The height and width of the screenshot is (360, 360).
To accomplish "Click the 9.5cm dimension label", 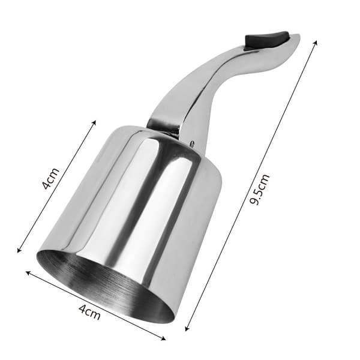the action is (259, 190).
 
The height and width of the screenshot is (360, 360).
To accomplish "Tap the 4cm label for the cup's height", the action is (51, 179).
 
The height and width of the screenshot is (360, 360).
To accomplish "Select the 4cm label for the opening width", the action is (89, 313).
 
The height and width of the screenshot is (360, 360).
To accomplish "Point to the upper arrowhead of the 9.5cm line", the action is (316, 43).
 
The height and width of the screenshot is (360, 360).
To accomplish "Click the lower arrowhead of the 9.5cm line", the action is (187, 329).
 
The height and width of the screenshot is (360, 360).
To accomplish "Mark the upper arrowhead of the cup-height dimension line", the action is (94, 122).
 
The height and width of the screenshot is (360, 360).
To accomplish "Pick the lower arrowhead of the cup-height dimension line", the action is (19, 250).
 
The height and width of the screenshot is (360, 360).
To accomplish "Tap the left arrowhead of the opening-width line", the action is (28, 272).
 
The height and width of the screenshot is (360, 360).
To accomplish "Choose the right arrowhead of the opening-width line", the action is (163, 338).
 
